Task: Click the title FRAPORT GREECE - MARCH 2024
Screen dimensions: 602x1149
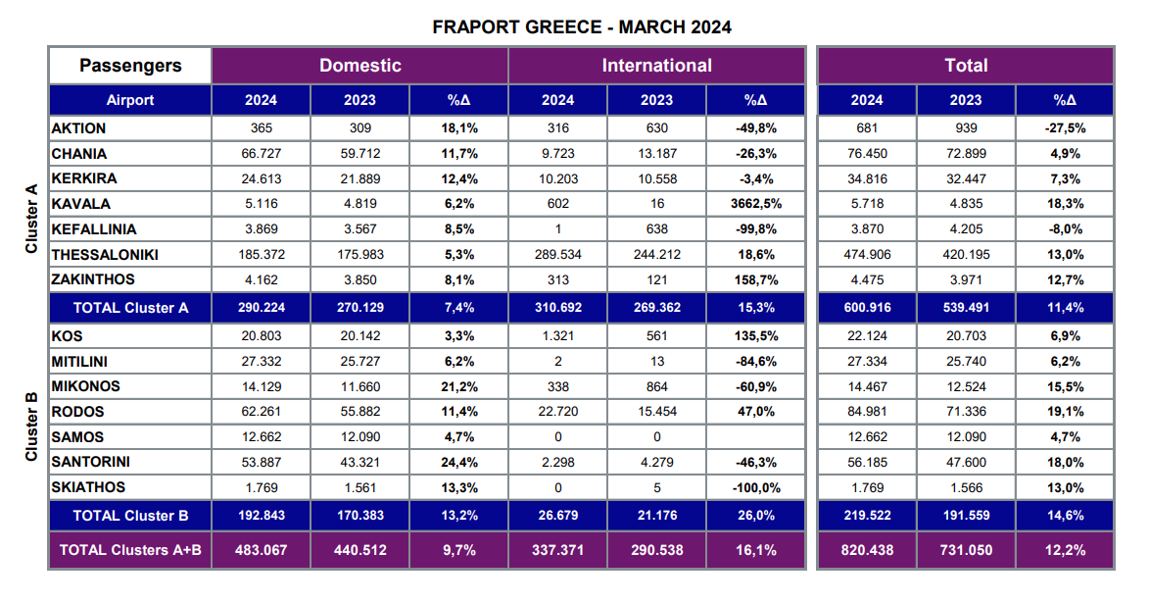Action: click(582, 26)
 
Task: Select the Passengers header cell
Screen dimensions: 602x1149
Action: click(130, 66)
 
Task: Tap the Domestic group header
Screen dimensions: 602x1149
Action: click(359, 66)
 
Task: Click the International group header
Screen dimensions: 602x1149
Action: click(656, 66)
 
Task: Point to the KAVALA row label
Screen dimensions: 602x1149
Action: click(81, 204)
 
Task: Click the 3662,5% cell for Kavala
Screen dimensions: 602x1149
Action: click(755, 204)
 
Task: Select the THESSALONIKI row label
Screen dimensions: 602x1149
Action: click(105, 255)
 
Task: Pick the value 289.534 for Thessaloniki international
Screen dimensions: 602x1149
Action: click(557, 255)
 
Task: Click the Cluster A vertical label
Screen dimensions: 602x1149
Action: click(31, 218)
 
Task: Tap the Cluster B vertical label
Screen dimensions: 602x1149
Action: click(31, 426)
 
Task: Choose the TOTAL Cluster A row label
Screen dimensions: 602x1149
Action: click(130, 307)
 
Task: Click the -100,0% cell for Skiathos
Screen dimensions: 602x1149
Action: click(755, 487)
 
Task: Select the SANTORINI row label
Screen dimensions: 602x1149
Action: click(91, 462)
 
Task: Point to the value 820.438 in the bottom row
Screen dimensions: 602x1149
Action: click(867, 550)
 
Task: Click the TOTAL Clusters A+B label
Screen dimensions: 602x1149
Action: click(130, 550)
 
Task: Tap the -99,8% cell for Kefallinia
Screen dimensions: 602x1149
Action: click(755, 229)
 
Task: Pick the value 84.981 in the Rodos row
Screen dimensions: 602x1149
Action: click(867, 412)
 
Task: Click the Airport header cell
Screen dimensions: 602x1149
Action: click(130, 100)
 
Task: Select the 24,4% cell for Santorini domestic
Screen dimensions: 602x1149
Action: click(458, 462)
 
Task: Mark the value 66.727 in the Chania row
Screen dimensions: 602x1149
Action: click(261, 154)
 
